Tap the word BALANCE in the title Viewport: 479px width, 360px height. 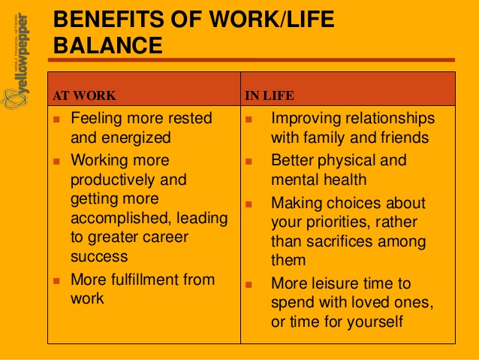coord(109,46)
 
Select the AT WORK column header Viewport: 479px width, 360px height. coord(84,95)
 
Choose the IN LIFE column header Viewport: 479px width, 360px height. coord(270,95)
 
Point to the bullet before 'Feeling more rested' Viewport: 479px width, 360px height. coord(56,119)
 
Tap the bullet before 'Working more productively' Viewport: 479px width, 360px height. coord(56,161)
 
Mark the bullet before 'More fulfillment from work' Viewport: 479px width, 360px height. coord(56,280)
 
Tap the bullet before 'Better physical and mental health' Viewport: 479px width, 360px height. coord(251,161)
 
